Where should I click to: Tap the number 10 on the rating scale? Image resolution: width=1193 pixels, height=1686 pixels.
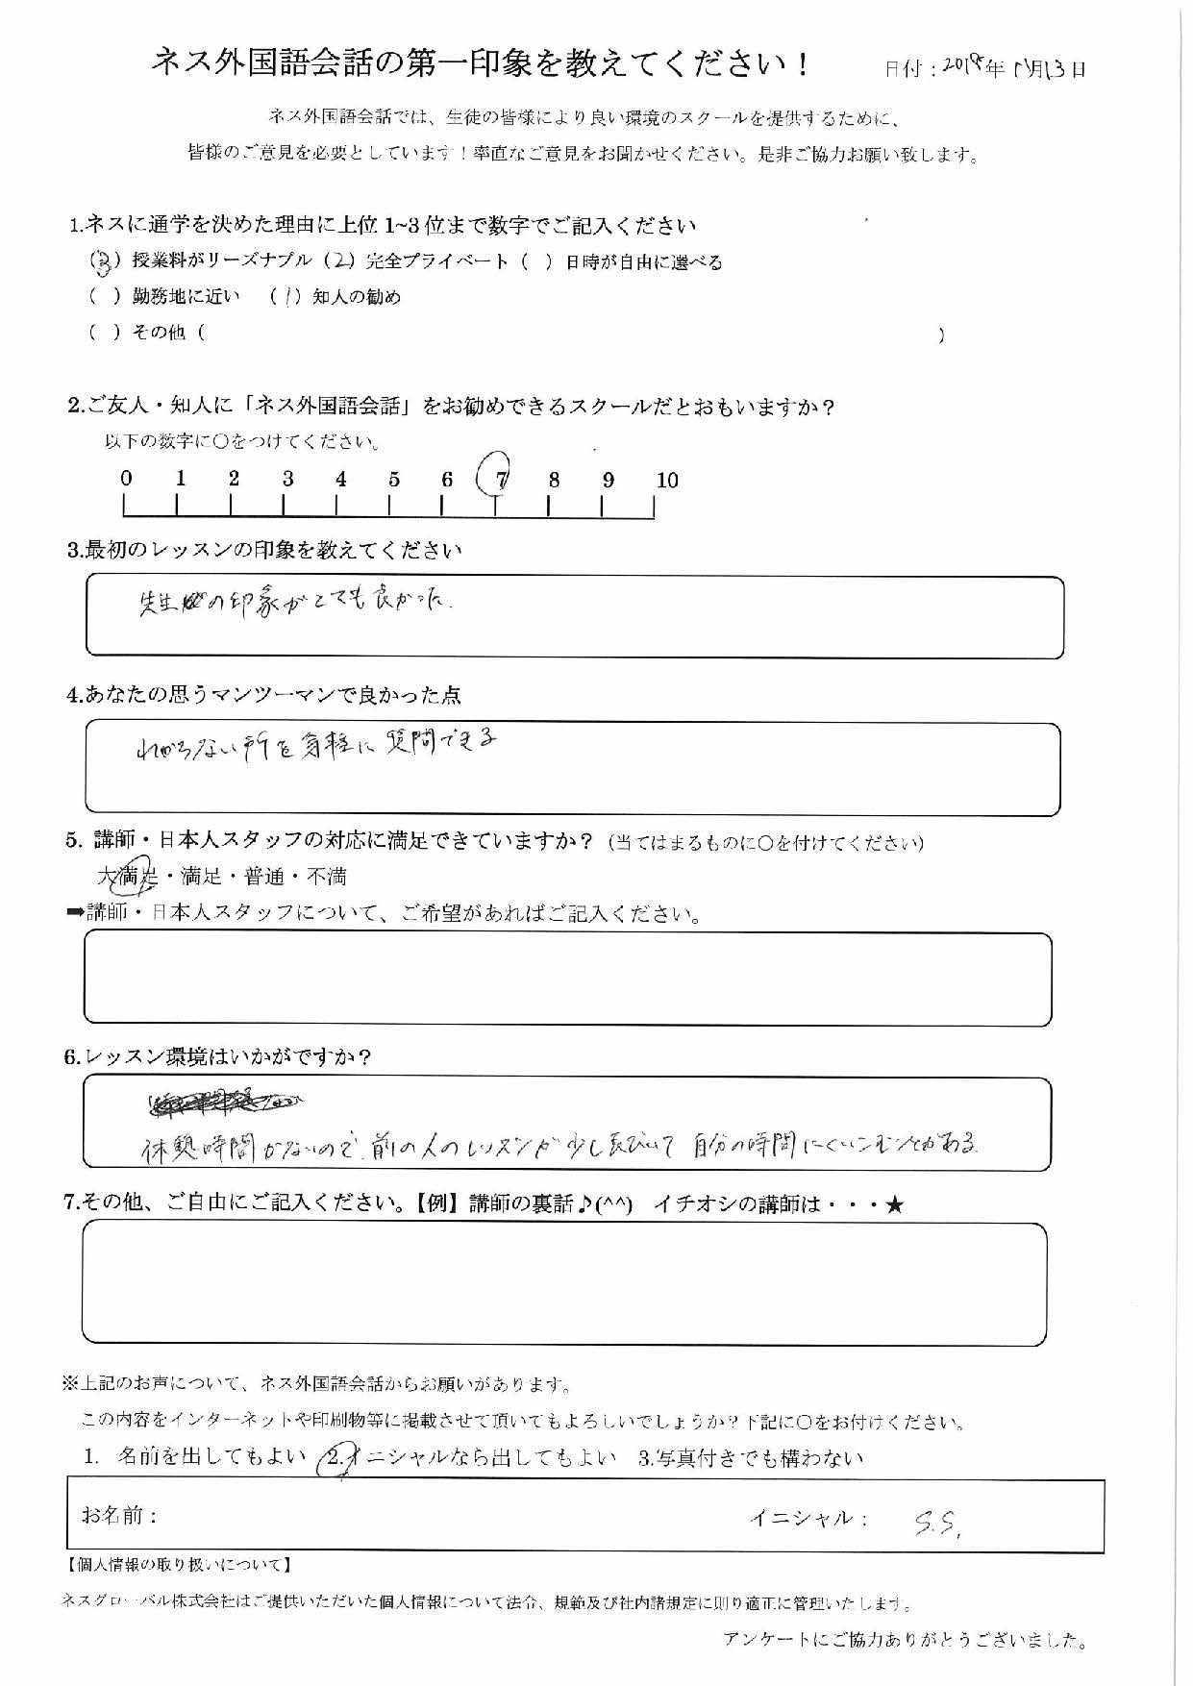pos(666,481)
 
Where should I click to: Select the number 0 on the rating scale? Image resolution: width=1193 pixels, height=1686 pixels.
pos(126,479)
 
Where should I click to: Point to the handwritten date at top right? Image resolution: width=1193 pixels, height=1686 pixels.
pos(1013,68)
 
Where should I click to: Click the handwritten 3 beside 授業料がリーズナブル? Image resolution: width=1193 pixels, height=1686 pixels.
pos(100,261)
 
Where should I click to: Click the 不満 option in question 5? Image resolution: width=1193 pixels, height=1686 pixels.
pos(326,877)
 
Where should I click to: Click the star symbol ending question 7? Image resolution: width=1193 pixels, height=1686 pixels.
pos(894,1204)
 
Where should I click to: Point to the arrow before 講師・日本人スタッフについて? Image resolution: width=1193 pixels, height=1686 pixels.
pos(75,913)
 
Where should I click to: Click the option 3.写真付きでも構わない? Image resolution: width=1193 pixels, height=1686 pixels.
pos(751,1458)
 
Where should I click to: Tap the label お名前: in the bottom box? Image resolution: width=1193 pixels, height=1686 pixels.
pos(119,1516)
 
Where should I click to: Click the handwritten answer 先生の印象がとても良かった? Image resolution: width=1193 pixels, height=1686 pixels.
pos(294,605)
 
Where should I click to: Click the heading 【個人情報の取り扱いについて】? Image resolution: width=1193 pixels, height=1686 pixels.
pos(179,1566)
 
